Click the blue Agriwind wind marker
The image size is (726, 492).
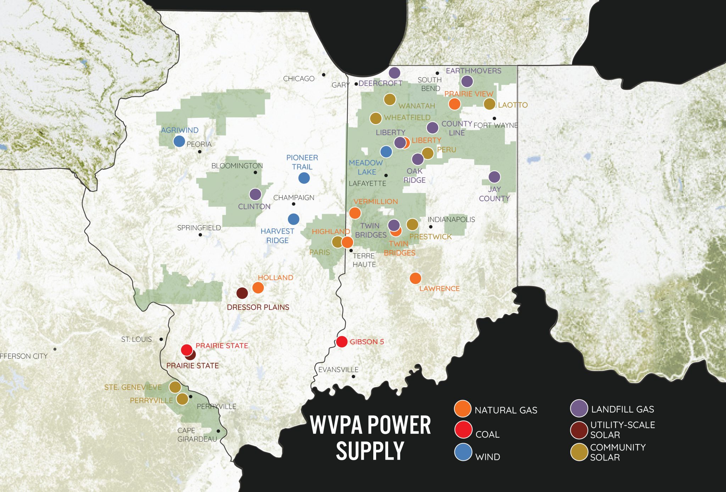click(x=179, y=141)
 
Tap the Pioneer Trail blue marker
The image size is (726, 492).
click(x=304, y=178)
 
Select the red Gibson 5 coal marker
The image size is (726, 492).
click(x=342, y=342)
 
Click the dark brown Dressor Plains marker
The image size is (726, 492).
click(x=242, y=293)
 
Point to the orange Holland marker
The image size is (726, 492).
click(x=258, y=288)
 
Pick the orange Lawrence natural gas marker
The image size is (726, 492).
click(x=415, y=278)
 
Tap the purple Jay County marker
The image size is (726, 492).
click(x=495, y=177)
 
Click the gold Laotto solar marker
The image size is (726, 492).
click(x=489, y=104)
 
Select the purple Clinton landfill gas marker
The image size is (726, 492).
click(x=255, y=194)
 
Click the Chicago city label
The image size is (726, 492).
click(x=299, y=79)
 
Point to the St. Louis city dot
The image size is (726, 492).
click(x=161, y=339)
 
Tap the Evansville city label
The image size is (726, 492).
click(x=338, y=370)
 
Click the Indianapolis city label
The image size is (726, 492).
click(x=451, y=220)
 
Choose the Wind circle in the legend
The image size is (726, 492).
click(x=463, y=452)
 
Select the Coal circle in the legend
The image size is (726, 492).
click(x=463, y=430)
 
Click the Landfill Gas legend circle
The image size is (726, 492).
click(x=579, y=408)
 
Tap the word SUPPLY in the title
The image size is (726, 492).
click(x=370, y=451)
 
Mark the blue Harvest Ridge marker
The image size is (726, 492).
click(x=294, y=219)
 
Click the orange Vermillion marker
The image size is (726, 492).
click(x=355, y=213)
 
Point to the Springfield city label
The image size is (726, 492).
click(x=199, y=228)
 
